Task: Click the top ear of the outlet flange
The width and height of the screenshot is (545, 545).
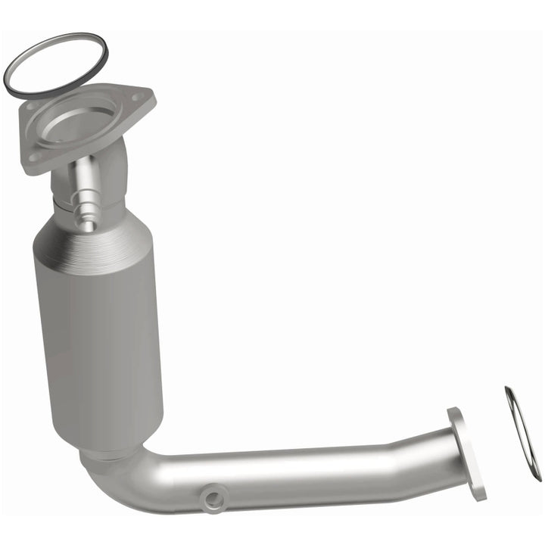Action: [x=454, y=415]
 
